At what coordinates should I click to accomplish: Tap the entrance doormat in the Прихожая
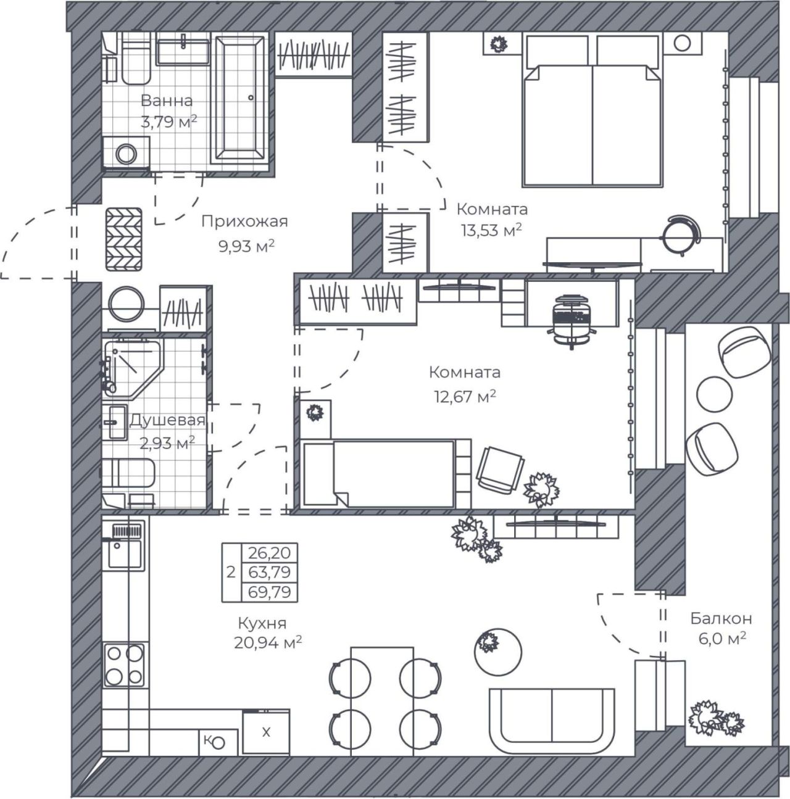[x=124, y=239]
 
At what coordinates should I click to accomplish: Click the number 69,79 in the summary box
[x=269, y=592]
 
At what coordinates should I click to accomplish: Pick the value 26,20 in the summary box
[x=269, y=553]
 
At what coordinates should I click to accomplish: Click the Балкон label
[x=721, y=619]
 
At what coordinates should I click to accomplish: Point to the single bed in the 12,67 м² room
[x=379, y=473]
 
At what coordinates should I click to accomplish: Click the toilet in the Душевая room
[x=128, y=473]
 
